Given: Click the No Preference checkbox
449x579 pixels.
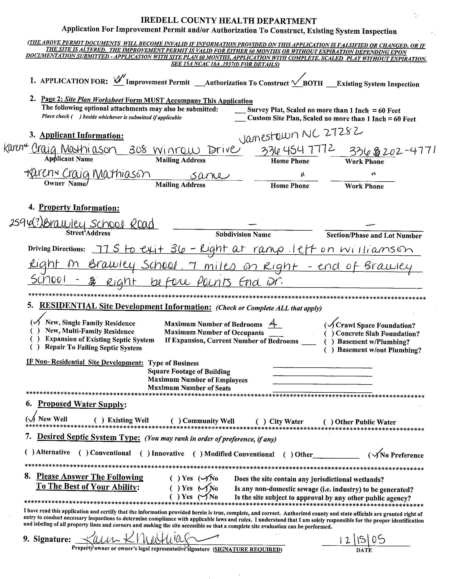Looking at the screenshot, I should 373,454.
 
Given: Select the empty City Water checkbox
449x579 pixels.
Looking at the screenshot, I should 261,421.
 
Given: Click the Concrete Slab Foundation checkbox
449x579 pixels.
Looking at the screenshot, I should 329,333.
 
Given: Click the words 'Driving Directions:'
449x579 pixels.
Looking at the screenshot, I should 56,249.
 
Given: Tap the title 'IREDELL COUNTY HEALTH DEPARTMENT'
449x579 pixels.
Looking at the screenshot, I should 228,21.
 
